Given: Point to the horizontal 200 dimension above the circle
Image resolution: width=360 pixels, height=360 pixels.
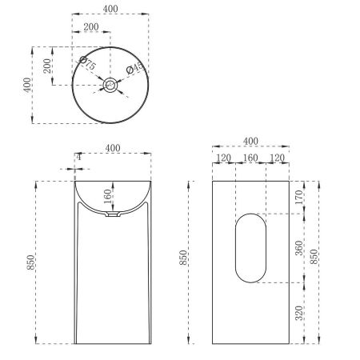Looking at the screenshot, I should [x=90, y=26].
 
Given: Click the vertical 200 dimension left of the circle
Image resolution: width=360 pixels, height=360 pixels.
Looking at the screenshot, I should [x=47, y=65].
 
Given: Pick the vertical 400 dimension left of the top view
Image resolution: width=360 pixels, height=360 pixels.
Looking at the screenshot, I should [x=26, y=83].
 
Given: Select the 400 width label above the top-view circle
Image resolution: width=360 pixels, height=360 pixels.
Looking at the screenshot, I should [x=111, y=7].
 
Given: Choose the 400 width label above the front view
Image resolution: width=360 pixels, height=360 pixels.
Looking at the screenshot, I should [x=112, y=148].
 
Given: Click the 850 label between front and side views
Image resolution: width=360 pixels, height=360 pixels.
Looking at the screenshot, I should [x=184, y=258].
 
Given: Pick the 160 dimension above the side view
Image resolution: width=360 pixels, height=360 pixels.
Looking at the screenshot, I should [x=250, y=158].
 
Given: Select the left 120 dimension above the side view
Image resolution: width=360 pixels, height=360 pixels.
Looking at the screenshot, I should [x=224, y=158].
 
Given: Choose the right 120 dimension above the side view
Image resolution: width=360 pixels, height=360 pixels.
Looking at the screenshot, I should [x=277, y=158].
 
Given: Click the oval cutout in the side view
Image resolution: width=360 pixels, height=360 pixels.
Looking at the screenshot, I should [x=250, y=248].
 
